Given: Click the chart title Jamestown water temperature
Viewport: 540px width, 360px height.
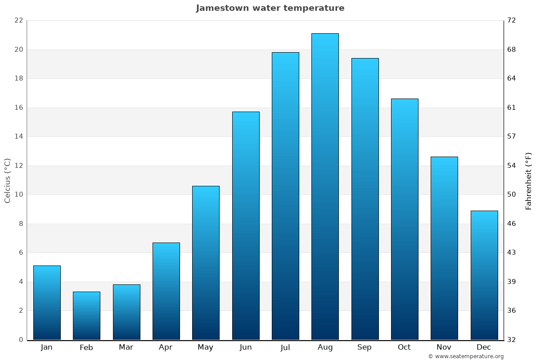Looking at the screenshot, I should tap(270, 8).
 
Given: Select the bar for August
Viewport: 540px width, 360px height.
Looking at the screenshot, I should tap(325, 187).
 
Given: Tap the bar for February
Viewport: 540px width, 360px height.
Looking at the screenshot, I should tap(86, 315).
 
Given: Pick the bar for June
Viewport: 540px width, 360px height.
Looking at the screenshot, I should tap(246, 225).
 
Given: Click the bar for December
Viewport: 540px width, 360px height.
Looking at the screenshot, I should tap(484, 275).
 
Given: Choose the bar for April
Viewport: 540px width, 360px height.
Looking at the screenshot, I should tap(166, 291).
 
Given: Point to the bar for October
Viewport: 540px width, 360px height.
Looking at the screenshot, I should tap(405, 219).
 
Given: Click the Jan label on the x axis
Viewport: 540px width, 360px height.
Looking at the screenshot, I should tap(47, 347).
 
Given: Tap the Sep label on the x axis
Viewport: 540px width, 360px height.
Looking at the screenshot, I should tap(364, 347).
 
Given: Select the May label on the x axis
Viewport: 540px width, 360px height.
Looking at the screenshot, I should tap(206, 347).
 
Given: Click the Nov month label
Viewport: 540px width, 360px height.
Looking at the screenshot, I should tap(444, 347).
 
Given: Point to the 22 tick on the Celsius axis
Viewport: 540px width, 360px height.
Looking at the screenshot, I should tap(18, 20).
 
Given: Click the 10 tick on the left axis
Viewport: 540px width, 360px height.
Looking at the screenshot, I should tap(18, 194).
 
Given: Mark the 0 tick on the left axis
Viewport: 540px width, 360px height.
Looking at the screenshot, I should tap(21, 340).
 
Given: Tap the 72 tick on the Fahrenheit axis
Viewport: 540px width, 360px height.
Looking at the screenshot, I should tap(512, 20).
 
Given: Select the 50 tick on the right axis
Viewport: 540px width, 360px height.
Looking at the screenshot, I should tap(512, 194).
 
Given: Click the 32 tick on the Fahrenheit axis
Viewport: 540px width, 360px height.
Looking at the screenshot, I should tap(512, 340).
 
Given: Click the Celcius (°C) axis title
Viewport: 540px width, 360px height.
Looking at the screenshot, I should tap(7, 180).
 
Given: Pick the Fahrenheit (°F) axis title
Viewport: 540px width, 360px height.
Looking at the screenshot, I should tap(529, 180).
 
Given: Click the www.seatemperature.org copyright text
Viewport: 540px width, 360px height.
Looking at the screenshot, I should tap(466, 356).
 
